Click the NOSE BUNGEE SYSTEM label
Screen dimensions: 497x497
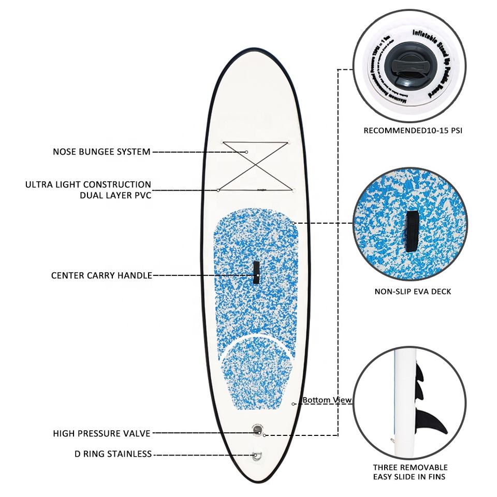coord(101,152)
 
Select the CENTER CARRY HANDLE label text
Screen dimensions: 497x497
coord(101,275)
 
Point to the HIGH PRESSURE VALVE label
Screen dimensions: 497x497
coord(101,433)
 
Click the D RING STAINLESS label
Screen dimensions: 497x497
coord(113,454)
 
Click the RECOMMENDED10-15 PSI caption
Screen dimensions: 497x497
coord(413,131)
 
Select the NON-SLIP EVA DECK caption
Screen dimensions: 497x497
coord(413,291)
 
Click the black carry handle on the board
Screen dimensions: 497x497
coord(256,272)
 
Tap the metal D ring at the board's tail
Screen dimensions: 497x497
coord(257,456)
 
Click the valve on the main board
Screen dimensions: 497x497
coord(257,429)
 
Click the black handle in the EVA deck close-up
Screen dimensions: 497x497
coord(413,231)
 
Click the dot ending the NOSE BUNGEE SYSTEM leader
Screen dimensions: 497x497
coord(247,152)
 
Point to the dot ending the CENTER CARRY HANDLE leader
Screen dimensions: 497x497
coord(256,275)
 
